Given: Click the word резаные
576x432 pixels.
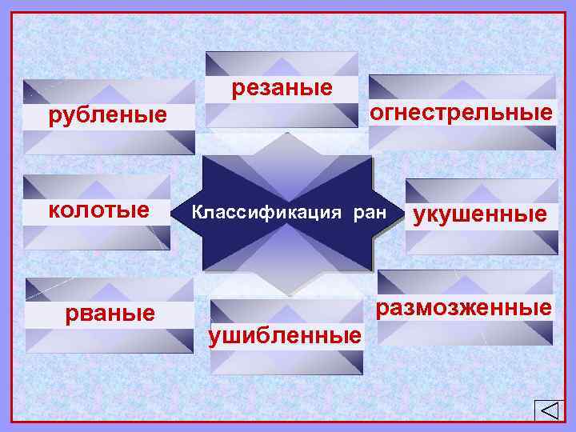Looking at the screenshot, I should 282,88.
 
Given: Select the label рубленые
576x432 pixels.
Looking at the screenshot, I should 108,117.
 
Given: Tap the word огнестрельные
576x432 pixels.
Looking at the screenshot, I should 461,112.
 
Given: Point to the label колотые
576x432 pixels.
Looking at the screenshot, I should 98,210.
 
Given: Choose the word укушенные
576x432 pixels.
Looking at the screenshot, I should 480,214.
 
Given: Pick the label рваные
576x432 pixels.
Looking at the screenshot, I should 110,313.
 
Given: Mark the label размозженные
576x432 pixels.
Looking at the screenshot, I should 465,307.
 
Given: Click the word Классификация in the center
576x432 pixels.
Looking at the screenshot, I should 247,214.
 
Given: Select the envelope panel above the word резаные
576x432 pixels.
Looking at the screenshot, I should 282,64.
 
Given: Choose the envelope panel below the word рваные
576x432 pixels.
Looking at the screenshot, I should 110,340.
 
